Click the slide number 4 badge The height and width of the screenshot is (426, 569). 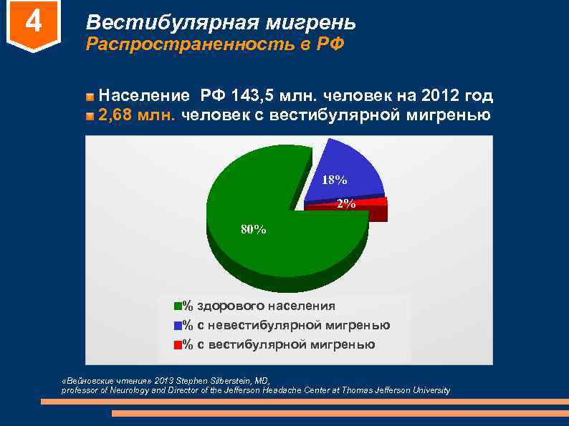click(x=33, y=25)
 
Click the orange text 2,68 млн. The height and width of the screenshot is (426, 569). click(x=138, y=115)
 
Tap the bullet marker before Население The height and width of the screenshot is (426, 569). click(x=90, y=97)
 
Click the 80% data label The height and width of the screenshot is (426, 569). click(x=253, y=230)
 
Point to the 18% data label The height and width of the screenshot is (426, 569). click(x=334, y=180)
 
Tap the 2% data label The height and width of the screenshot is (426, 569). click(x=345, y=204)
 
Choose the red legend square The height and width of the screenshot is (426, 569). click(x=178, y=345)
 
